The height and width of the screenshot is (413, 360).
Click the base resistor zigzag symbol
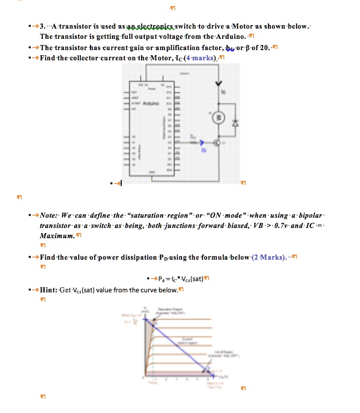[x=193, y=143]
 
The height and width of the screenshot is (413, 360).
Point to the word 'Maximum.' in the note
[x=57, y=236]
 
